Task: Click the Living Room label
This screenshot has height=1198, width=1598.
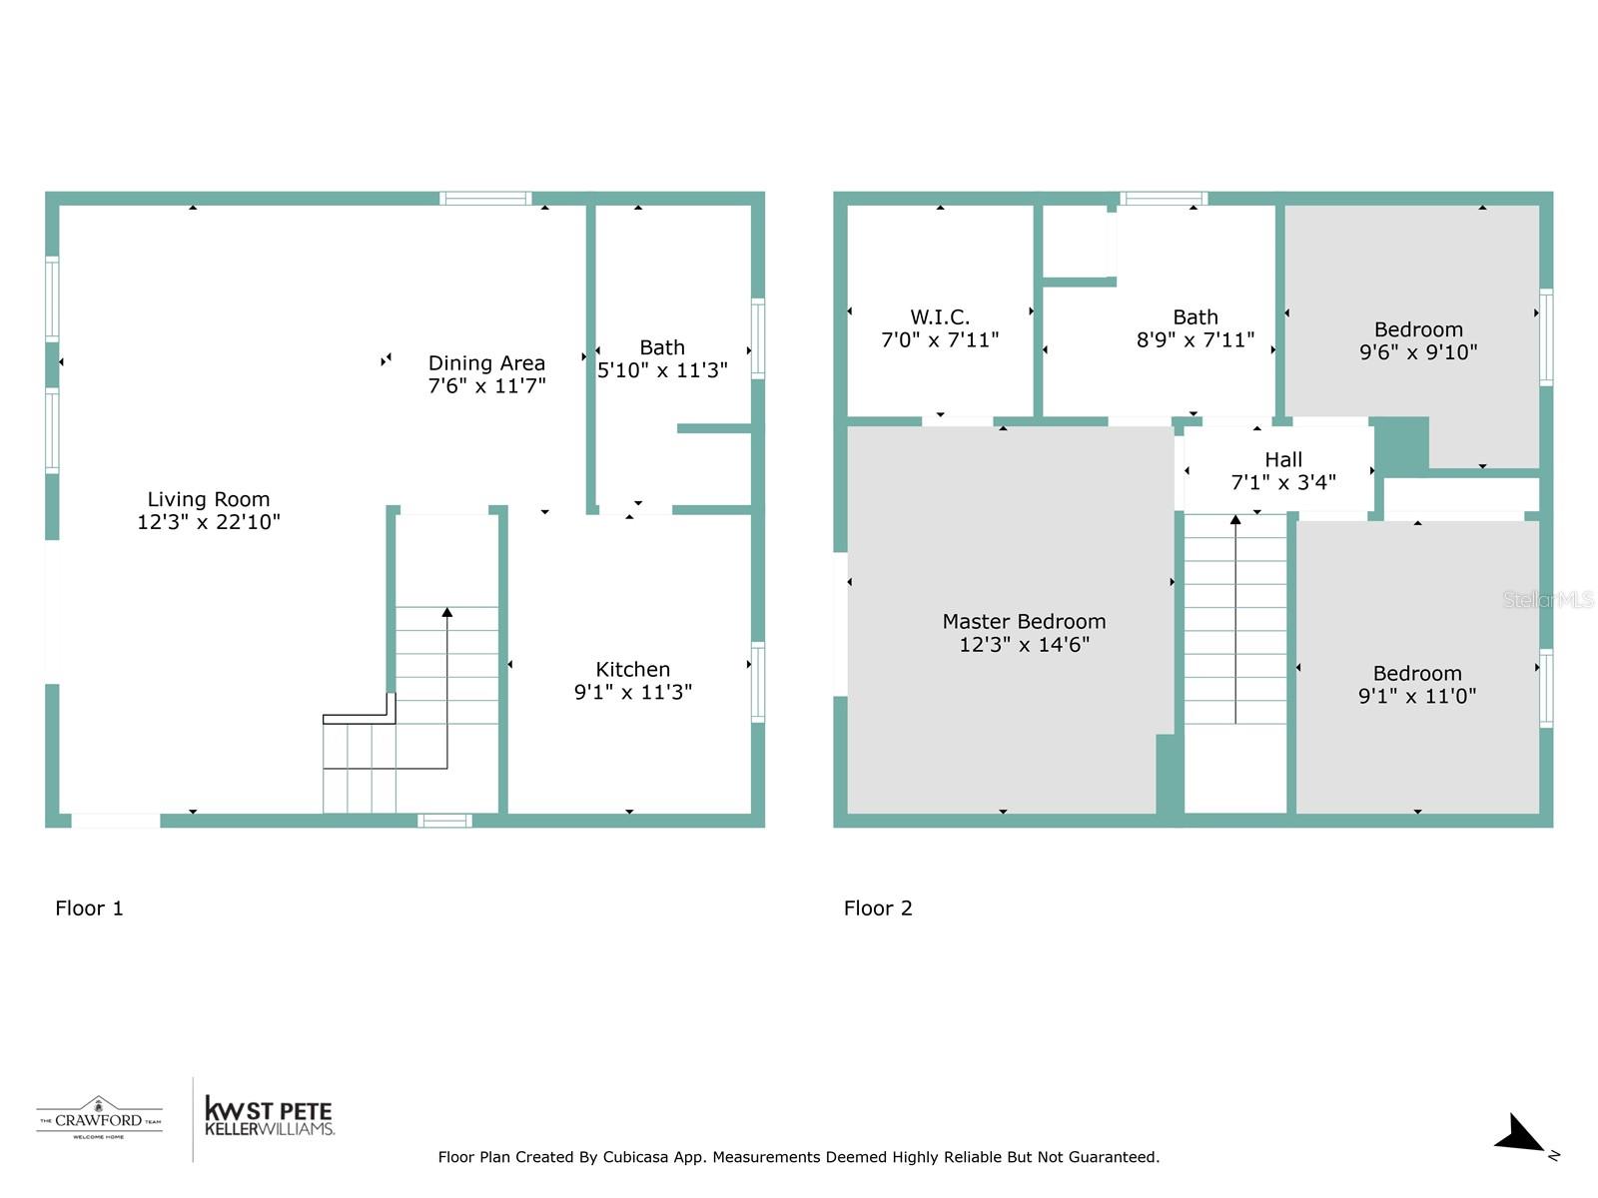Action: [x=208, y=499]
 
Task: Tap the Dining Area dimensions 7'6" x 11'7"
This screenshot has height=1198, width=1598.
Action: [x=486, y=386]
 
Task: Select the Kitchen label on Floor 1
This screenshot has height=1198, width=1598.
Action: [x=632, y=669]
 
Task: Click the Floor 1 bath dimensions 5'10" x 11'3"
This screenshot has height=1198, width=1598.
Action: [x=662, y=370]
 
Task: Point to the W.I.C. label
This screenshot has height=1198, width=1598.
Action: [x=939, y=317]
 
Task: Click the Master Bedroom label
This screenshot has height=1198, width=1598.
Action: [x=1024, y=621]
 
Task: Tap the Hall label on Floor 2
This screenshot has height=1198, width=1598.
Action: [x=1283, y=459]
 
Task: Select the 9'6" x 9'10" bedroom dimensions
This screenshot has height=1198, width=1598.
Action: [x=1417, y=352]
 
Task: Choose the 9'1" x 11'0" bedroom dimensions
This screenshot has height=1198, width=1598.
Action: [x=1416, y=696]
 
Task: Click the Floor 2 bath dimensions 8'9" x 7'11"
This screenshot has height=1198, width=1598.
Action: [x=1195, y=340]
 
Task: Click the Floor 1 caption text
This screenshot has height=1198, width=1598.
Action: [x=89, y=907]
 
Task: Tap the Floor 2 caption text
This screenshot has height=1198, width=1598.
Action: [x=878, y=907]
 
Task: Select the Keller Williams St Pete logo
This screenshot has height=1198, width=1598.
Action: [x=268, y=1117]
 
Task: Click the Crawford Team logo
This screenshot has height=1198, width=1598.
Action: [x=99, y=1118]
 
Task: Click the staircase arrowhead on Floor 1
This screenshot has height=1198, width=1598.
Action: [x=446, y=612]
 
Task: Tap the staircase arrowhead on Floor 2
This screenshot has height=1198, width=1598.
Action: [x=1235, y=519]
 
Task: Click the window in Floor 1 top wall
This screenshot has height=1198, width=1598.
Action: [x=485, y=199]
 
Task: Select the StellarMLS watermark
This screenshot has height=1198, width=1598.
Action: [x=1547, y=599]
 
